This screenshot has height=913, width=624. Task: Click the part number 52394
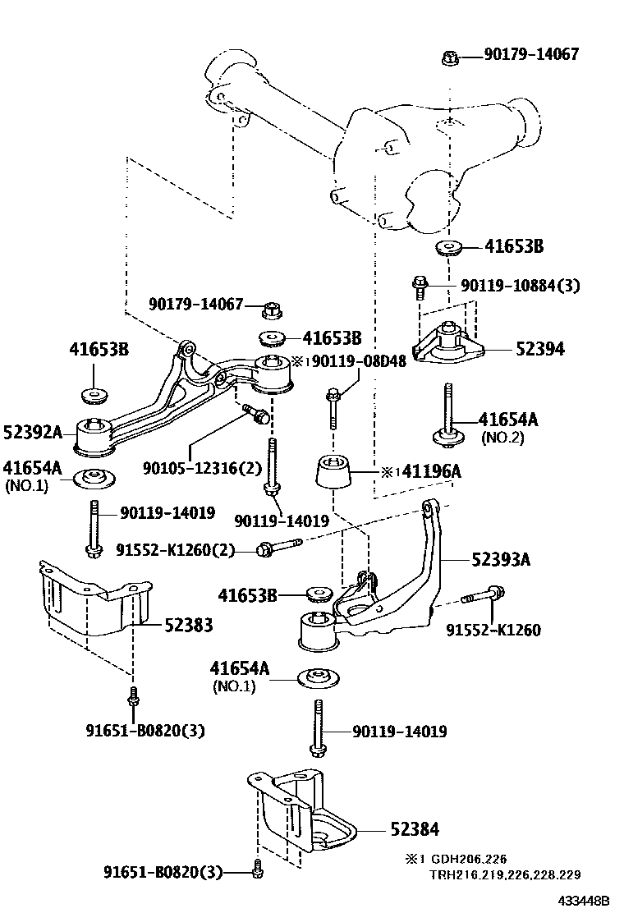[539, 348]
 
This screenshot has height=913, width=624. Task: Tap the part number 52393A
[500, 560]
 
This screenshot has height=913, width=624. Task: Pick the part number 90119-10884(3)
[519, 286]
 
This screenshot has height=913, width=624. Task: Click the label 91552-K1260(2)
[174, 550]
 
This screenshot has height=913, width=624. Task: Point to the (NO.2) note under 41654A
[502, 438]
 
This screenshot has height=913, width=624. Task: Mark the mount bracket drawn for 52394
[448, 342]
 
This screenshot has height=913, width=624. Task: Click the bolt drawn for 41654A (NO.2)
[448, 417]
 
